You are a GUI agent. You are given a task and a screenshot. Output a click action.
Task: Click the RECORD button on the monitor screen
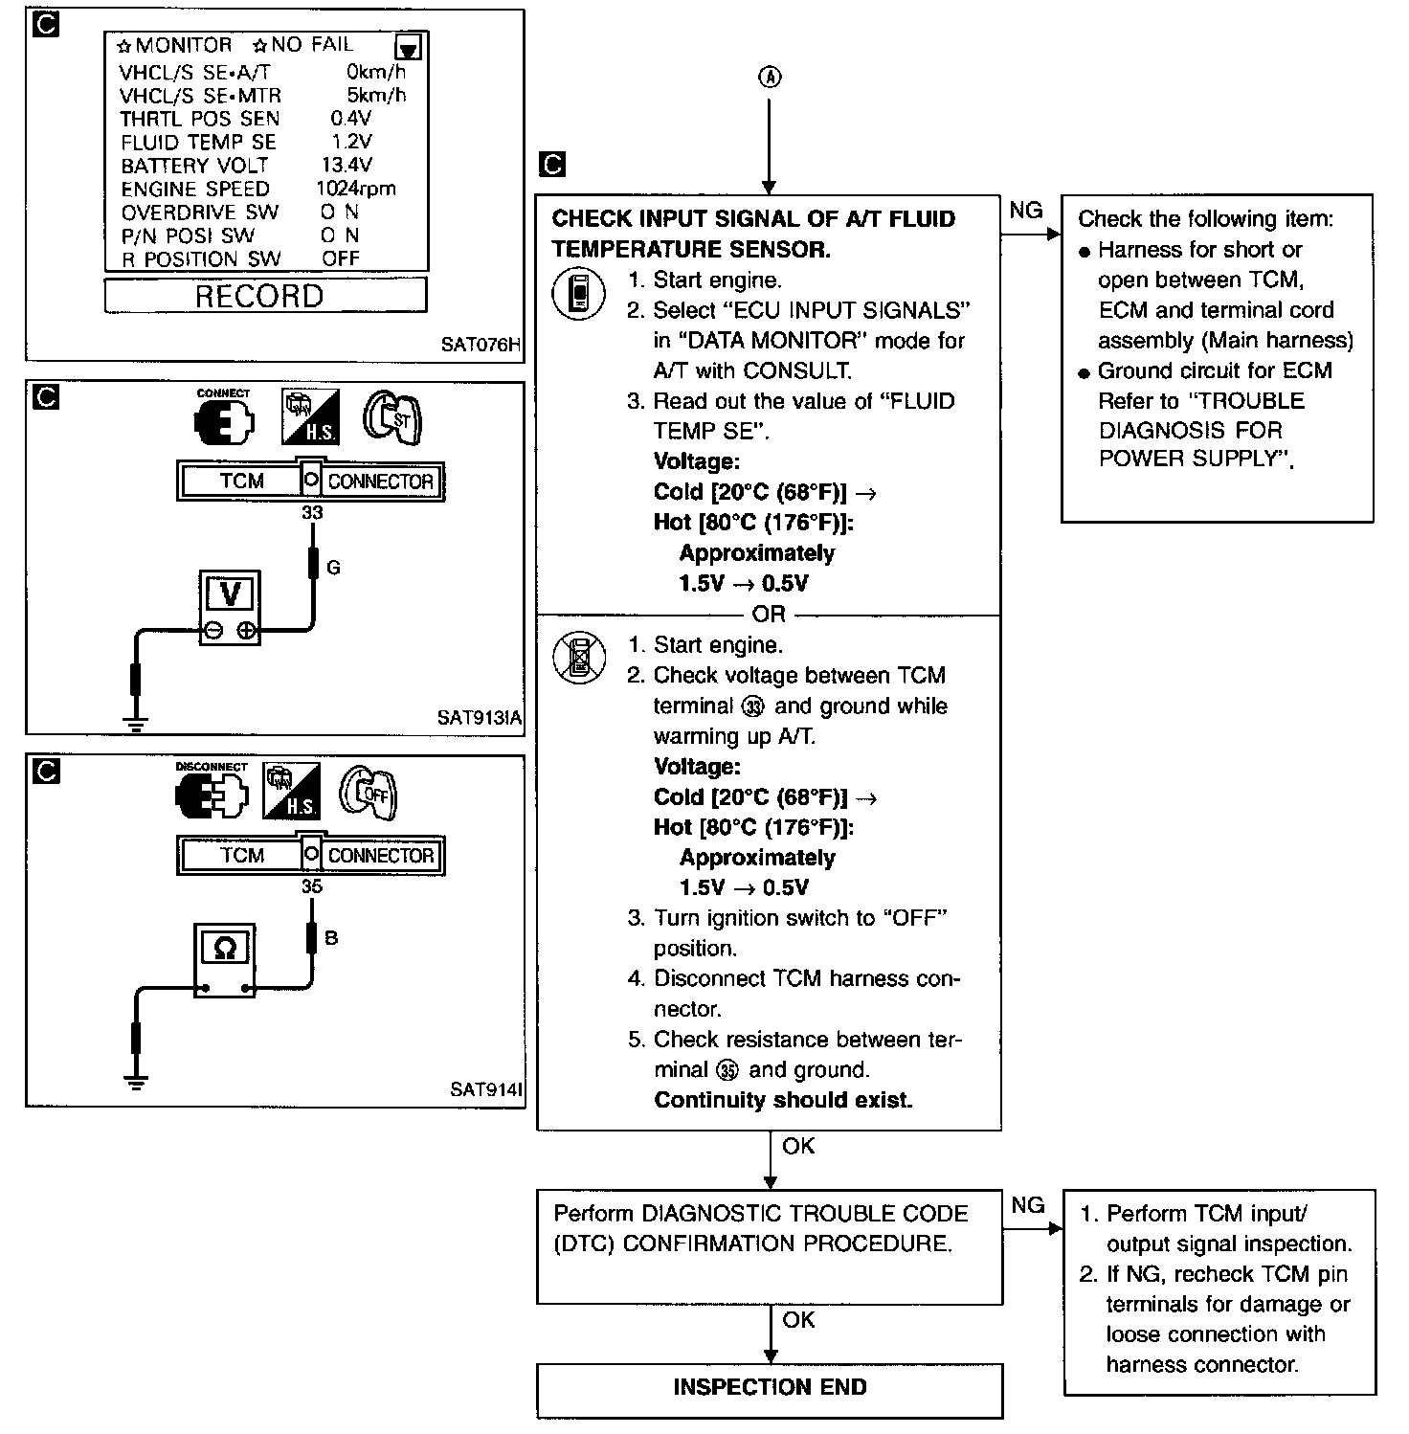260,296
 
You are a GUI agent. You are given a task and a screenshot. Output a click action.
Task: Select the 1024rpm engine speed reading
355,189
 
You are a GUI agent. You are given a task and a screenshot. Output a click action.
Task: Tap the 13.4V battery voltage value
347,165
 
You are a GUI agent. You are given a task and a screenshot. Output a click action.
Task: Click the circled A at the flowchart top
770,78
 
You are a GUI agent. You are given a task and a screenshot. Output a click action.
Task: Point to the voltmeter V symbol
230,594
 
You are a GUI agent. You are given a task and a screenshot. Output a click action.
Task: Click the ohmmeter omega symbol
225,949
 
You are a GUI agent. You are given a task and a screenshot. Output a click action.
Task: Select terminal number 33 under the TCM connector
312,513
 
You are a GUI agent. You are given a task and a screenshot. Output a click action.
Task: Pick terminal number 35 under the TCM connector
312,886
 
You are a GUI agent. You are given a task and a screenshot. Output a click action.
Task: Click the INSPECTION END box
770,1387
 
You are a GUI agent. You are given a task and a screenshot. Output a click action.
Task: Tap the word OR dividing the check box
769,614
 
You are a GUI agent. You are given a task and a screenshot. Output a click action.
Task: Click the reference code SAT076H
481,344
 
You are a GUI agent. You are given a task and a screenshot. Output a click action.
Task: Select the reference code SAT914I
485,1089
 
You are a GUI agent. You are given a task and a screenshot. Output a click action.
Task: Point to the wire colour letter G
333,568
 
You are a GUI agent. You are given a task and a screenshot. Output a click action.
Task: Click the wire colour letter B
331,938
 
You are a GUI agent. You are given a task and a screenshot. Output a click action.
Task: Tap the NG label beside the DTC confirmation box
1027,1205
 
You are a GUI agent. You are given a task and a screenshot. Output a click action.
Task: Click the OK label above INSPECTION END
798,1320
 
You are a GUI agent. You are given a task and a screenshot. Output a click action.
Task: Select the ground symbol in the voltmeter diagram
137,724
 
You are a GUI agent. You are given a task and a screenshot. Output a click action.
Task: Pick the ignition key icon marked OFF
369,794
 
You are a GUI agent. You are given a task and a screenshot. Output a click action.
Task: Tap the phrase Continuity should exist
783,1100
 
